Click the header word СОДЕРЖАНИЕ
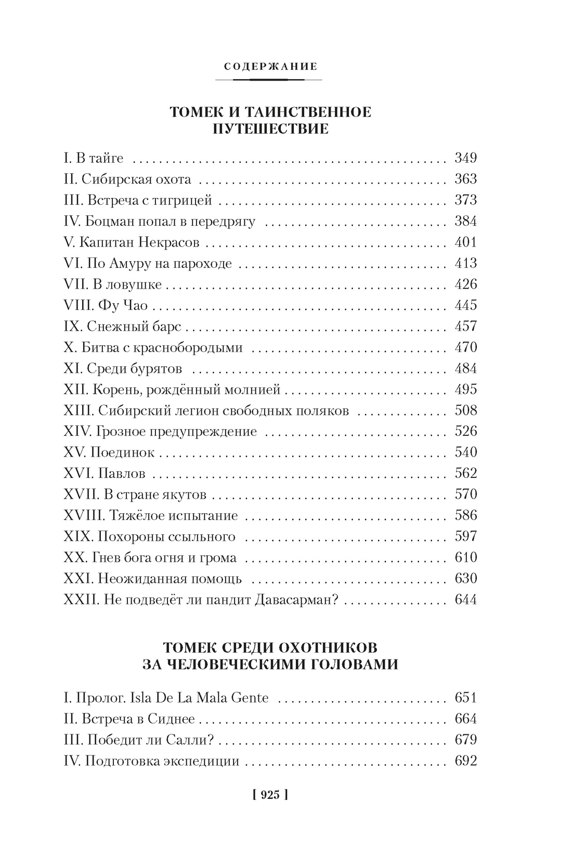coord(270,67)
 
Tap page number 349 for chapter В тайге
coord(465,158)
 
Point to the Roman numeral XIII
coord(77,411)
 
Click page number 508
coord(465,410)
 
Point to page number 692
coord(465,761)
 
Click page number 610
coord(465,558)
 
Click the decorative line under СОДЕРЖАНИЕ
coord(268,80)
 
